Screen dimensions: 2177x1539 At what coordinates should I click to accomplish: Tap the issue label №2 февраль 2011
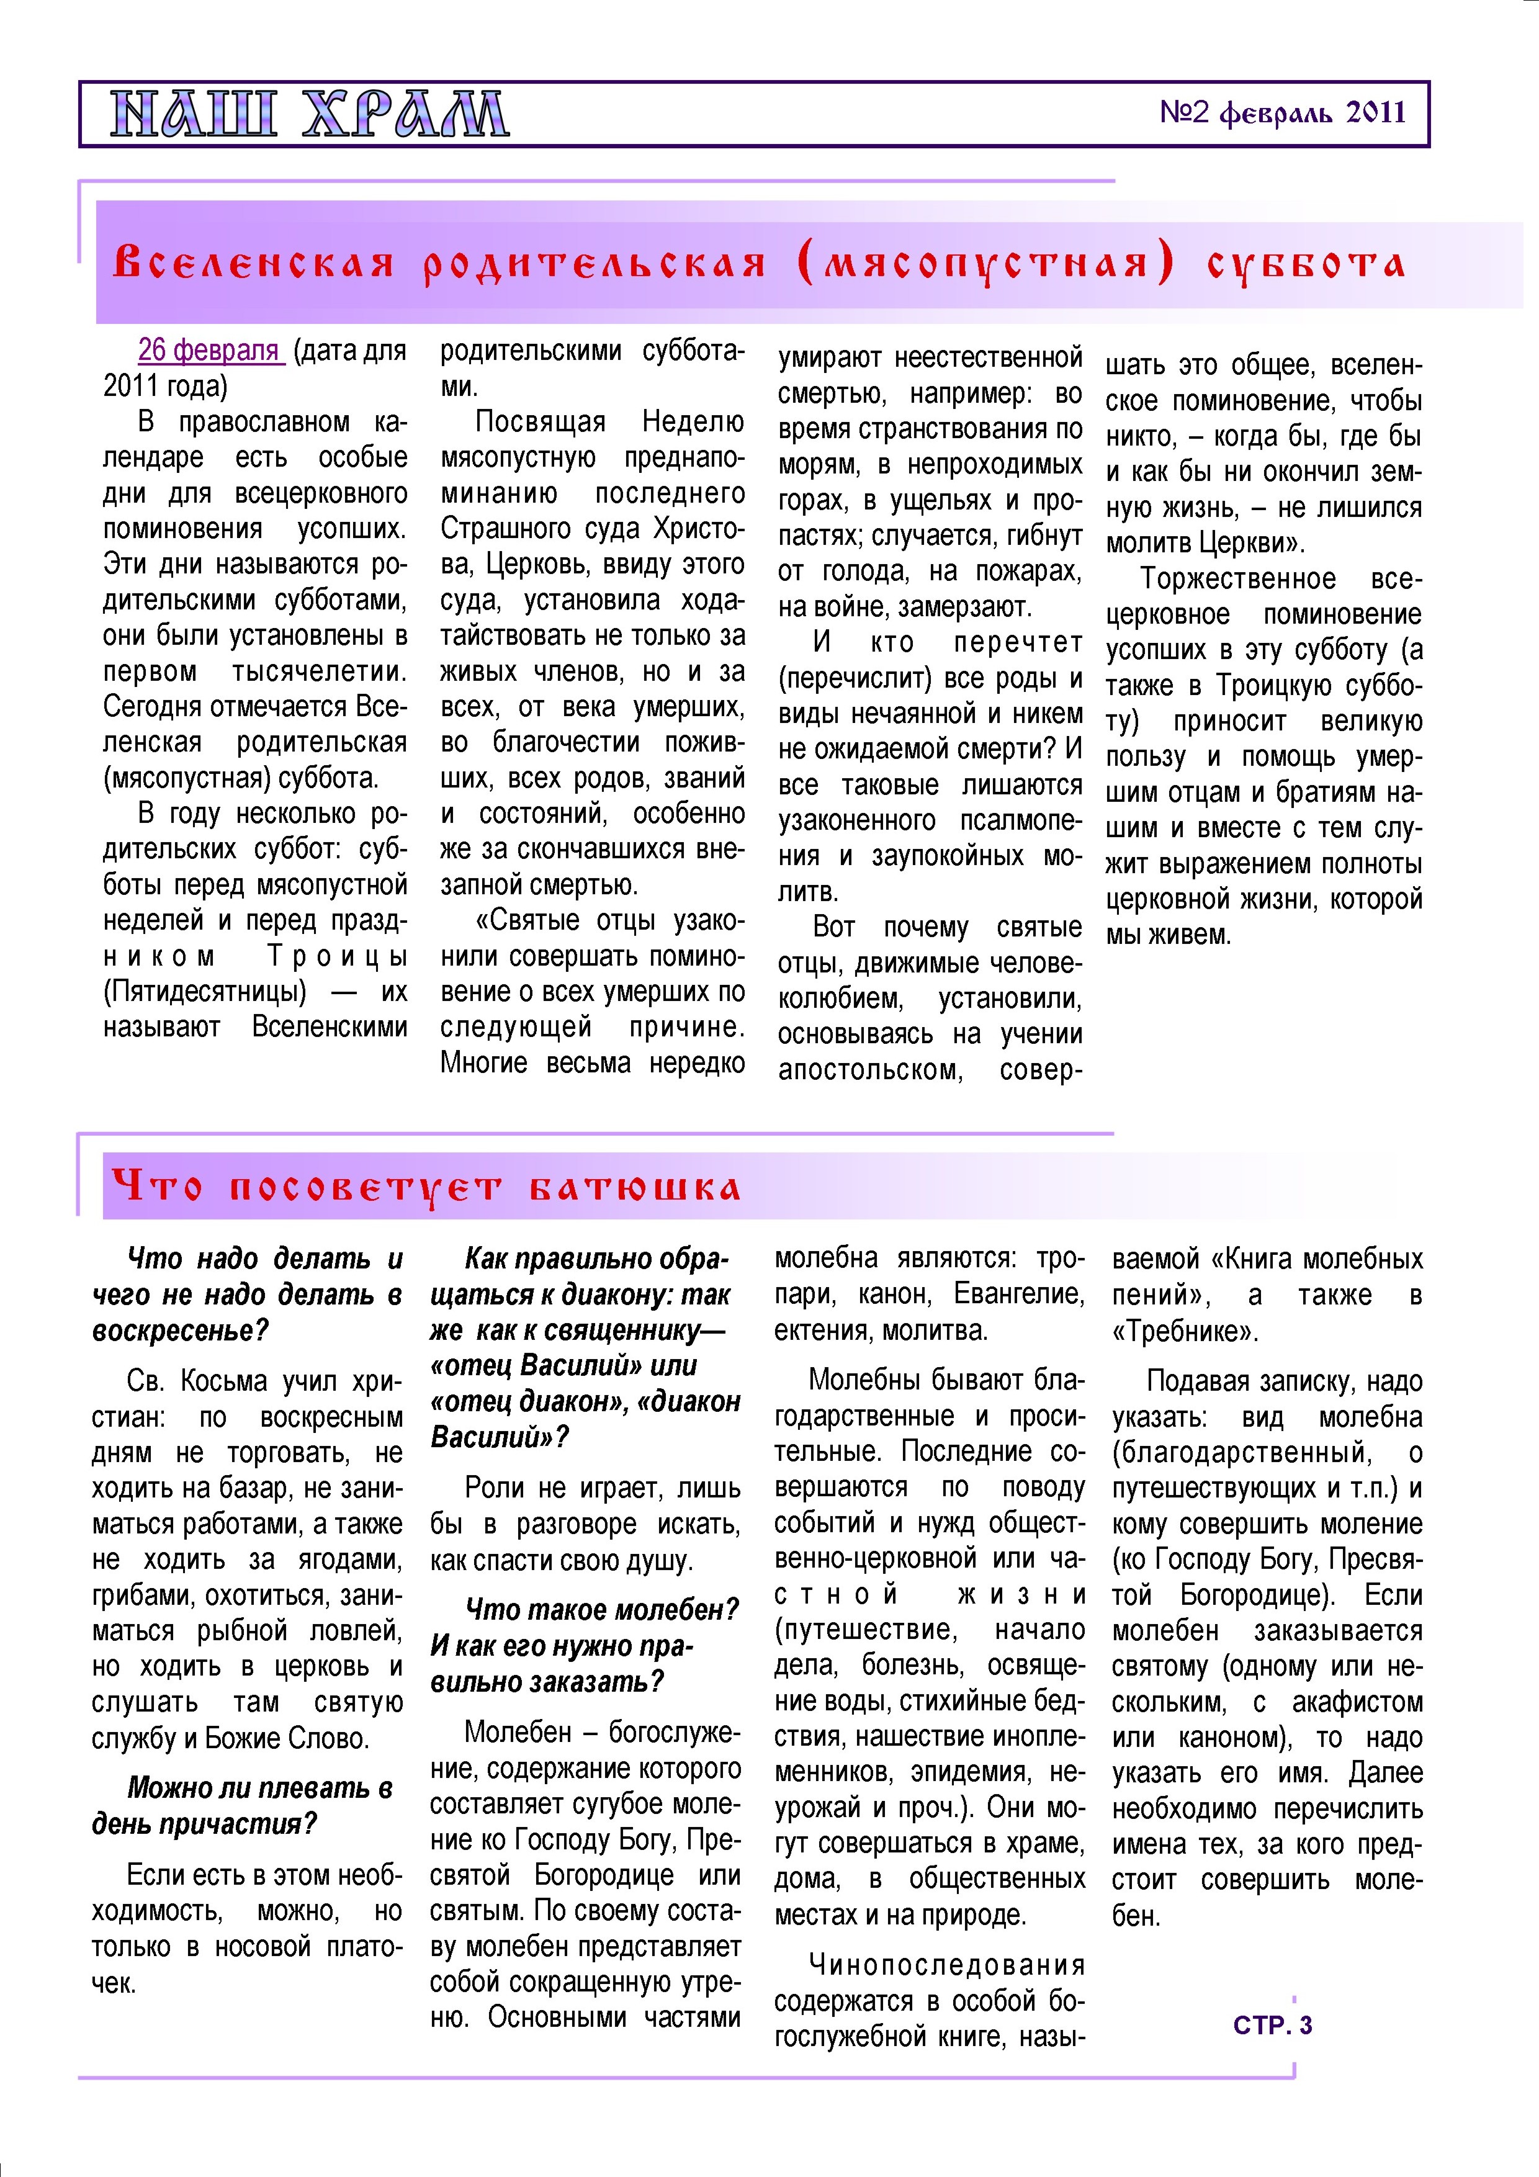click(1282, 113)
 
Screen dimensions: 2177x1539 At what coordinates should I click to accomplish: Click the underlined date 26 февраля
click(210, 350)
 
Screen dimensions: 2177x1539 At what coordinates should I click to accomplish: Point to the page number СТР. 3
click(1273, 2024)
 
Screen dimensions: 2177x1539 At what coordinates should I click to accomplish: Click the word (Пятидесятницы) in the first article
click(205, 991)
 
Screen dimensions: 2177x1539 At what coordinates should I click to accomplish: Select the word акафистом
click(1357, 1702)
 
